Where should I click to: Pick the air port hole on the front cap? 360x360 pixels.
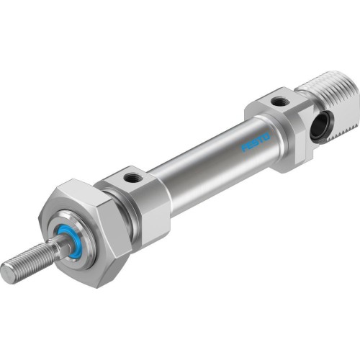[x=132, y=176]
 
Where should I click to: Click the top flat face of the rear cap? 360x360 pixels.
[x=274, y=101]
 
